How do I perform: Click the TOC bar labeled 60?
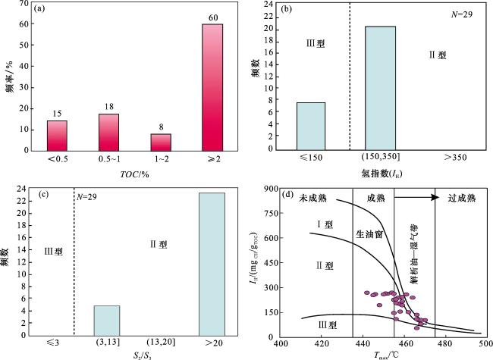click(x=212, y=87)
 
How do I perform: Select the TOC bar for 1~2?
click(x=161, y=142)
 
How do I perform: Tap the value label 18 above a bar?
click(x=109, y=107)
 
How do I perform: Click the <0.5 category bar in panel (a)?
click(x=57, y=136)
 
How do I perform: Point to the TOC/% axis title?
click(x=134, y=174)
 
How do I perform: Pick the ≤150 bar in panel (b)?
click(x=311, y=127)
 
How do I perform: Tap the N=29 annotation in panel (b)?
click(x=462, y=14)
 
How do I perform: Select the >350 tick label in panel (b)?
click(x=455, y=158)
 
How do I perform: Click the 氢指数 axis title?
click(x=382, y=174)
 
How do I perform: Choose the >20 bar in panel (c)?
click(x=212, y=265)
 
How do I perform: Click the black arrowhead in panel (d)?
click(x=435, y=197)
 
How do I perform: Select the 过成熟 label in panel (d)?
click(x=462, y=198)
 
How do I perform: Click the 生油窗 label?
click(x=369, y=233)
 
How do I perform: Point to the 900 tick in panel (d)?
click(x=272, y=189)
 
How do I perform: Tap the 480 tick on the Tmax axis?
click(x=445, y=343)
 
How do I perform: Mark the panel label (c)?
click(x=43, y=195)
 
